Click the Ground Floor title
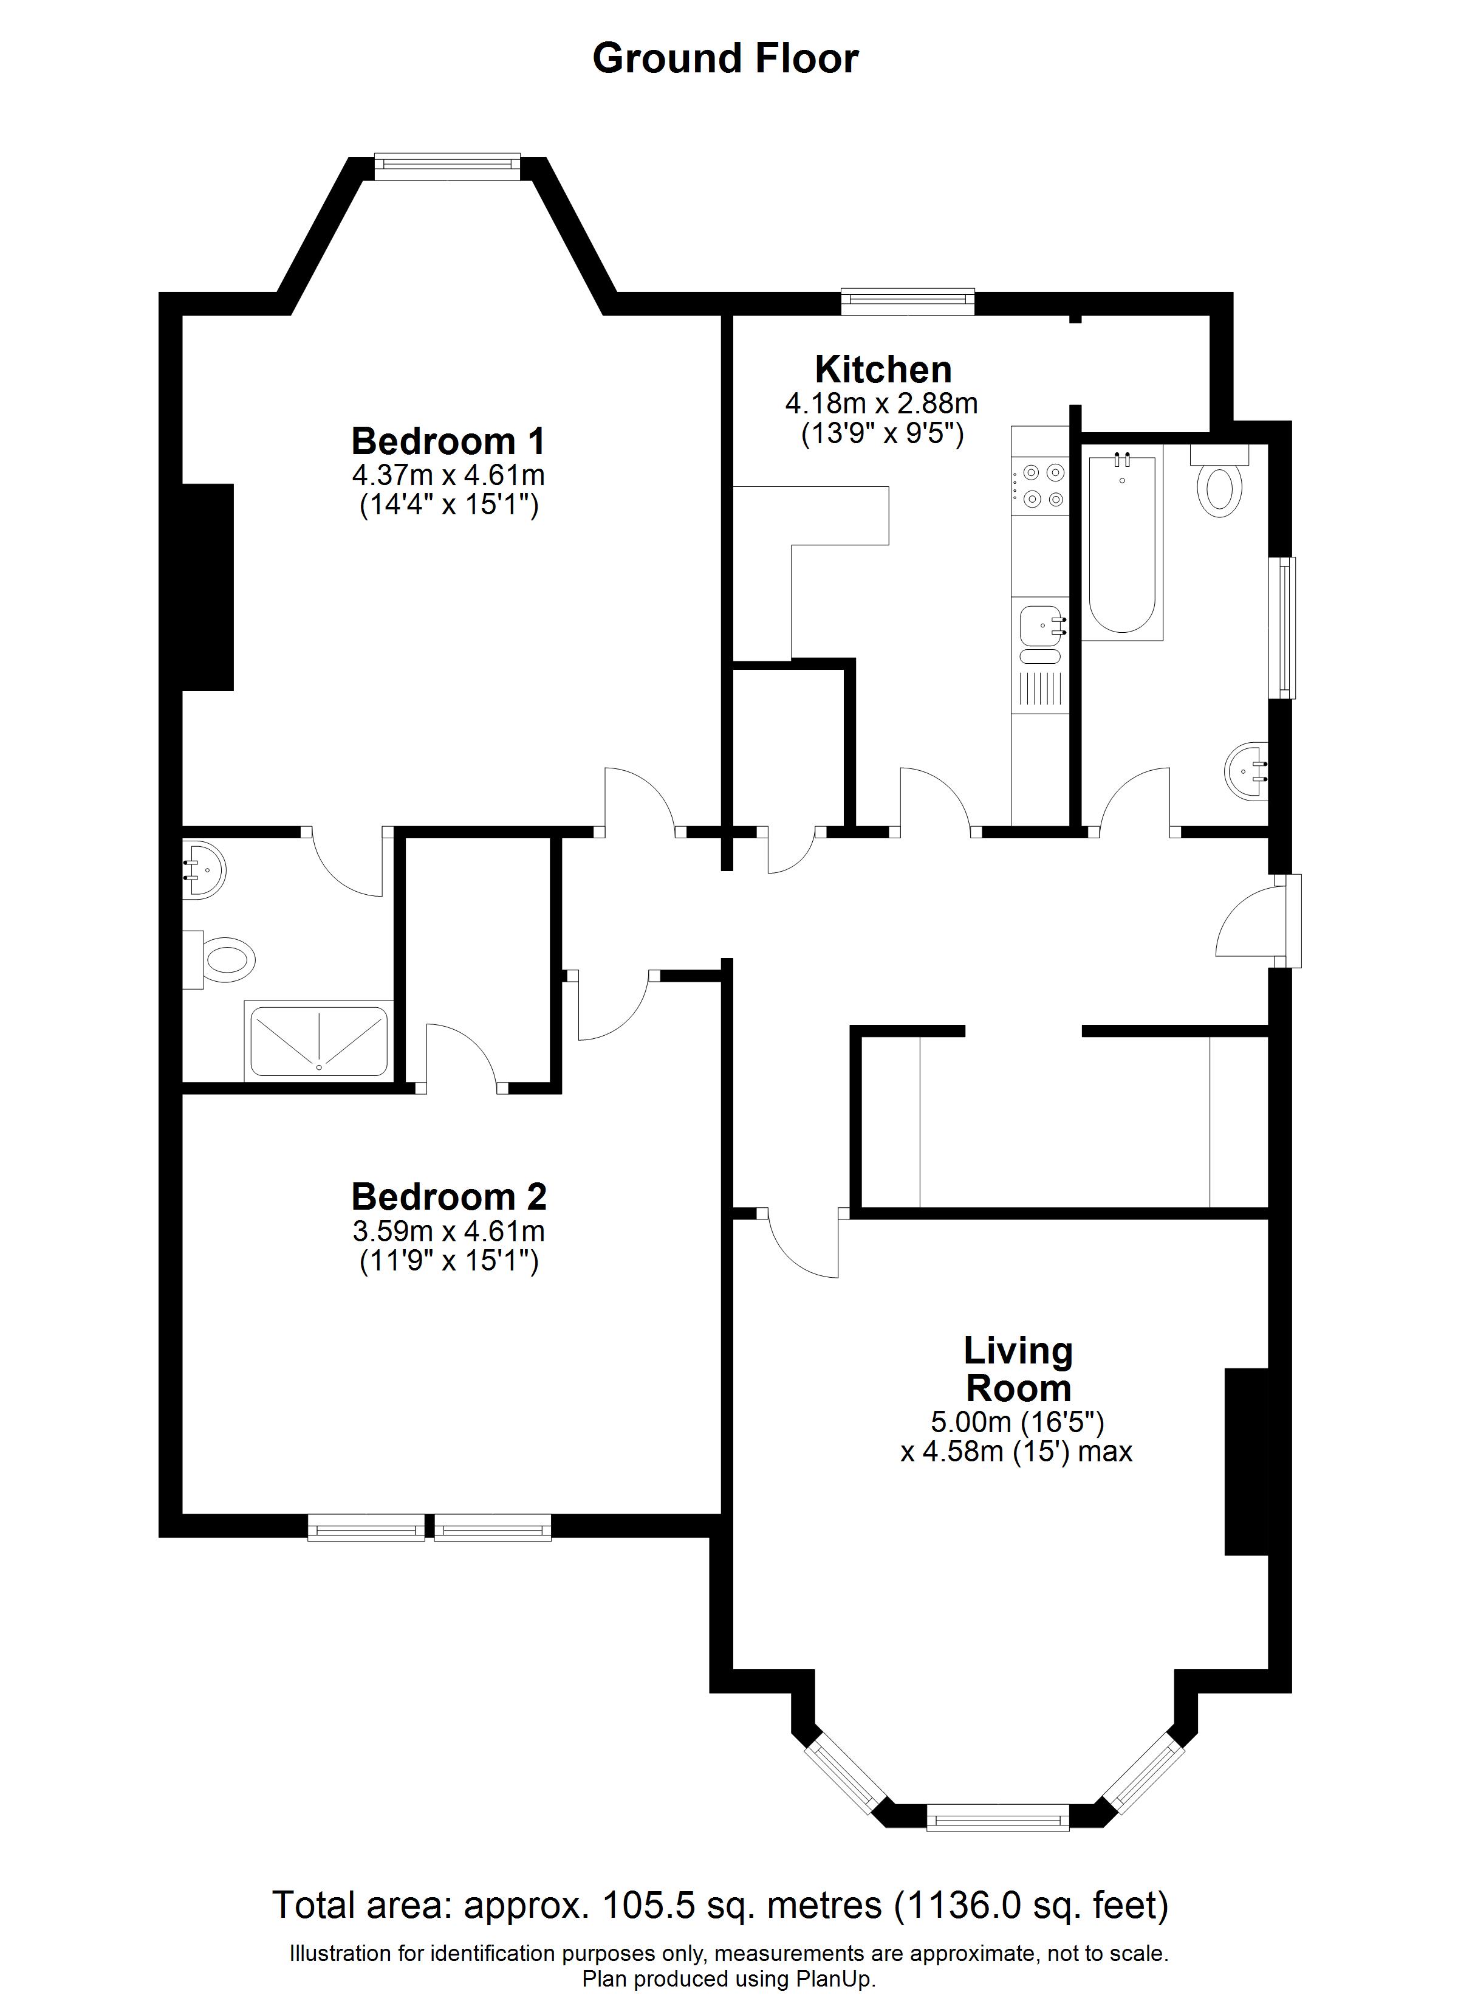pyautogui.click(x=725, y=58)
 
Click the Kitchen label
pyautogui.click(x=883, y=369)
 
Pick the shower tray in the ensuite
pyautogui.click(x=319, y=1039)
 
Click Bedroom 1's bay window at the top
pyautogui.click(x=447, y=167)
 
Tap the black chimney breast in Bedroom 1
pyautogui.click(x=208, y=587)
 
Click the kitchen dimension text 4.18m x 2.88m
pyautogui.click(x=881, y=404)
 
